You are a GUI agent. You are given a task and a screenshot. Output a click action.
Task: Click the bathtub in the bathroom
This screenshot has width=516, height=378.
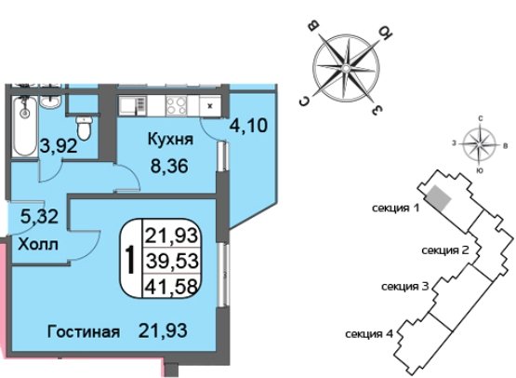pyautogui.click(x=25, y=127)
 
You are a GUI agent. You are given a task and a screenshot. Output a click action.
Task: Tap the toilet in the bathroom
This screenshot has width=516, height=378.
pyautogui.click(x=85, y=128)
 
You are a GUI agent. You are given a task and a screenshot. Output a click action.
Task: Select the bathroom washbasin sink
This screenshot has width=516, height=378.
pyautogui.click(x=50, y=101)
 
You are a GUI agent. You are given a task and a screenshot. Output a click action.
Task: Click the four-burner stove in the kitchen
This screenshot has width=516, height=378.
pyautogui.click(x=177, y=105)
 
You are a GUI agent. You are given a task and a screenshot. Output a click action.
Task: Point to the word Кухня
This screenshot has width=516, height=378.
pyautogui.click(x=170, y=139)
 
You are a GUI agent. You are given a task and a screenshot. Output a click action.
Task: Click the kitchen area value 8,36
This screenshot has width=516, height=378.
pyautogui.click(x=169, y=166)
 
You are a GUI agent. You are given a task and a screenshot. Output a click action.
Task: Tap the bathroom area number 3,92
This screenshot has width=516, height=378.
pyautogui.click(x=59, y=145)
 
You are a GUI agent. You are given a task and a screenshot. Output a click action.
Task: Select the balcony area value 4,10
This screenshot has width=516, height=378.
pyautogui.click(x=248, y=126)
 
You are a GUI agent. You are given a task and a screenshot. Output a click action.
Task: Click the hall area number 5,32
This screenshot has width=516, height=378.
pyautogui.click(x=39, y=217)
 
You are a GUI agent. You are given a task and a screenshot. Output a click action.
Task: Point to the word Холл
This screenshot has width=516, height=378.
pyautogui.click(x=38, y=245)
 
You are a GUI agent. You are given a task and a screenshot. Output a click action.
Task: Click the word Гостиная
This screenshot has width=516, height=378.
pyautogui.click(x=84, y=331)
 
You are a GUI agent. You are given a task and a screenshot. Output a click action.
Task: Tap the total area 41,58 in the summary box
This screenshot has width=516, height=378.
pyautogui.click(x=172, y=286)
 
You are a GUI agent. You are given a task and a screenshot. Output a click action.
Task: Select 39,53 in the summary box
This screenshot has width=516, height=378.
pyautogui.click(x=172, y=261)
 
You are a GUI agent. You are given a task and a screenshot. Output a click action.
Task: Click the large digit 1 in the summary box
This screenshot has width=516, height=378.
pyautogui.click(x=131, y=261)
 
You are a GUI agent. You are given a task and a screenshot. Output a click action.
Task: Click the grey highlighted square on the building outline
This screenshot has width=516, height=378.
pyautogui.click(x=439, y=196)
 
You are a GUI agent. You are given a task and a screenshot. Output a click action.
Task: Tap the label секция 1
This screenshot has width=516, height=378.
pyautogui.click(x=395, y=209)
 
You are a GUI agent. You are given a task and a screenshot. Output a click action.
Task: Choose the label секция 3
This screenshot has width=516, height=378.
pyautogui.click(x=404, y=287)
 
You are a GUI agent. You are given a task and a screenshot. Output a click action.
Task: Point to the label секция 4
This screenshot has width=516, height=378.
pyautogui.click(x=369, y=334)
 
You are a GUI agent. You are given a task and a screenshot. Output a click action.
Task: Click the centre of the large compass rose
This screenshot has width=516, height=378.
pyautogui.click(x=346, y=68)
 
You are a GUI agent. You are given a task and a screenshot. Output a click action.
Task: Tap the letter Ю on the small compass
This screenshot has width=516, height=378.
pyautogui.click(x=480, y=170)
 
